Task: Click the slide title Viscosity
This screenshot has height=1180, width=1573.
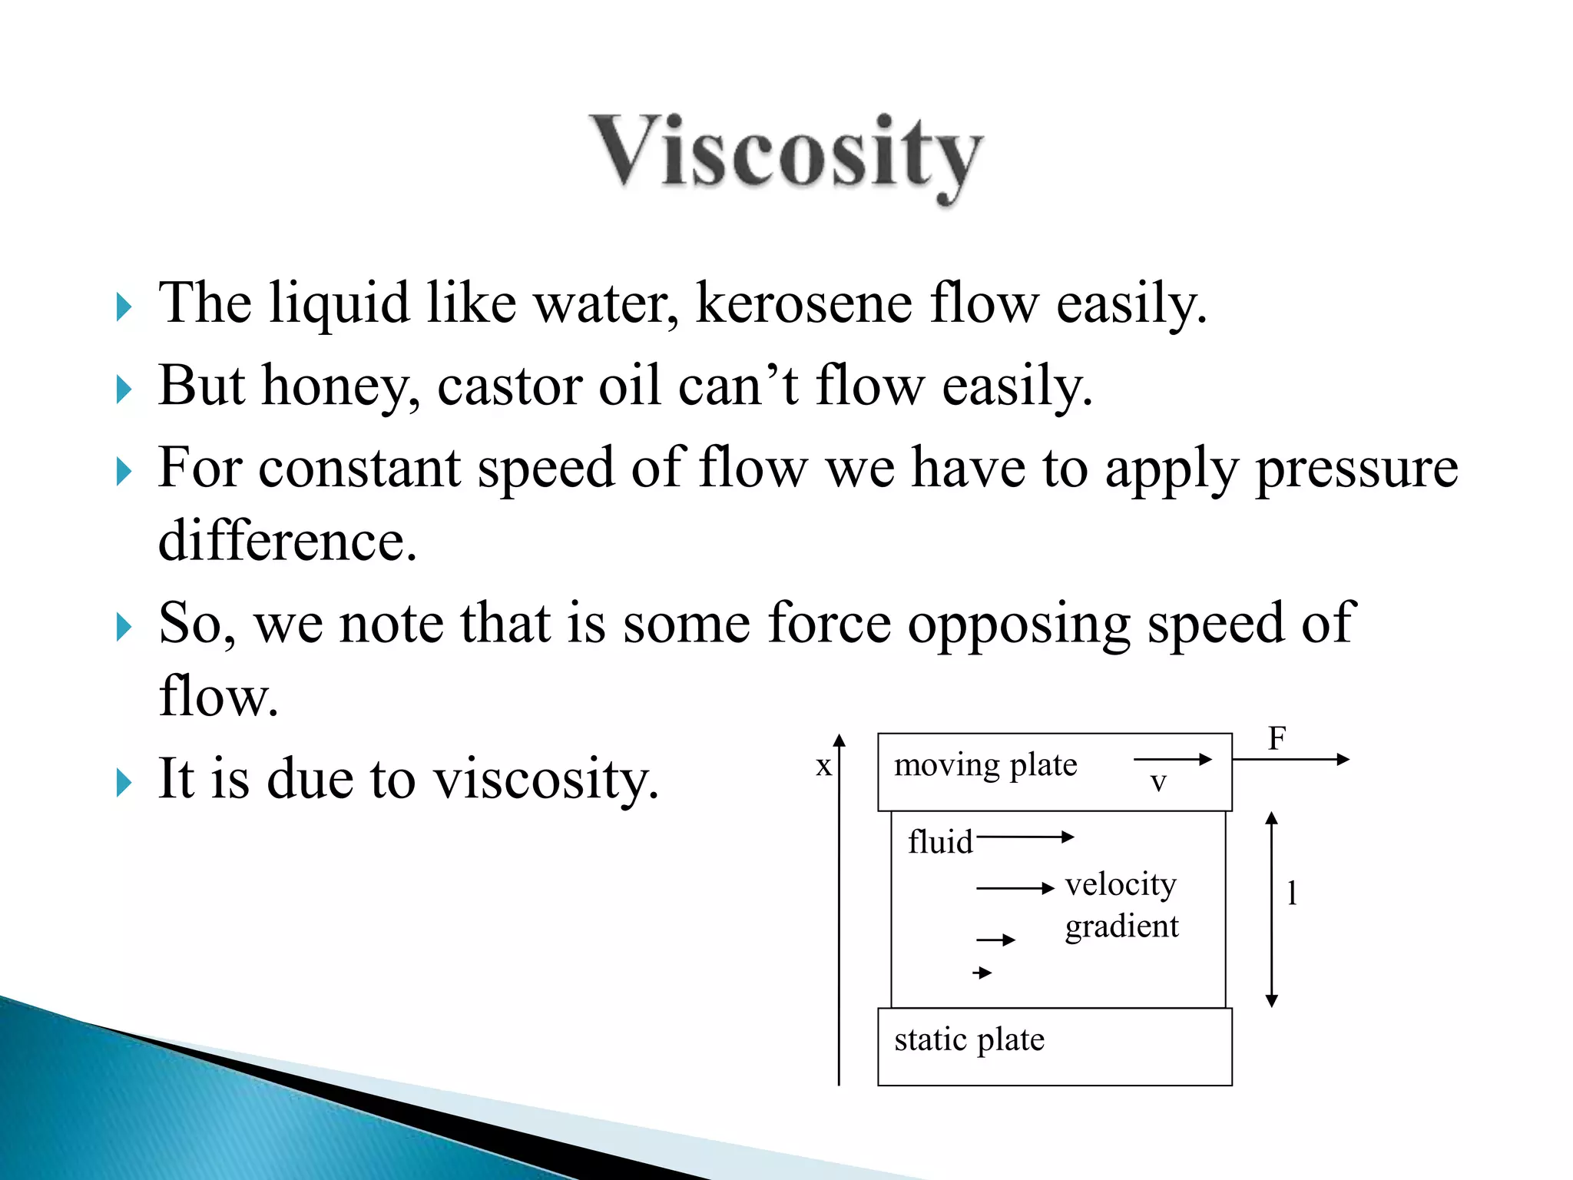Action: coord(786,154)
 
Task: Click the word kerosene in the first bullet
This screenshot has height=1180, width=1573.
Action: coord(803,304)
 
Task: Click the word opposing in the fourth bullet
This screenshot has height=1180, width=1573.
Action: coord(1018,624)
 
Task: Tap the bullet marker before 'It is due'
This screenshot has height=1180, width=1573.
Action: coord(124,783)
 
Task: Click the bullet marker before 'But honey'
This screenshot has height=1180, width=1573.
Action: coord(124,389)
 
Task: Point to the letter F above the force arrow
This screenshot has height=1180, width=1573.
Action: coord(1277,739)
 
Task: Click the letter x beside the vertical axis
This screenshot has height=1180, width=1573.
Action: coord(823,766)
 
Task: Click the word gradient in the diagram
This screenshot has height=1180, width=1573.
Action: coord(1121,926)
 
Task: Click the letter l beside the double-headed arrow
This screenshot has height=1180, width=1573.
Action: coord(1292,893)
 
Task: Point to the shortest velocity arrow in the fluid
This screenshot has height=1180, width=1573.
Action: coord(982,973)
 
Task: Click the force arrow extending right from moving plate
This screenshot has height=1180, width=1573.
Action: coord(1290,760)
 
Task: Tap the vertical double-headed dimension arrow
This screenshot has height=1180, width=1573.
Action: coord(1271,910)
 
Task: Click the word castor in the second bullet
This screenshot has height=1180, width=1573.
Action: coord(509,386)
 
